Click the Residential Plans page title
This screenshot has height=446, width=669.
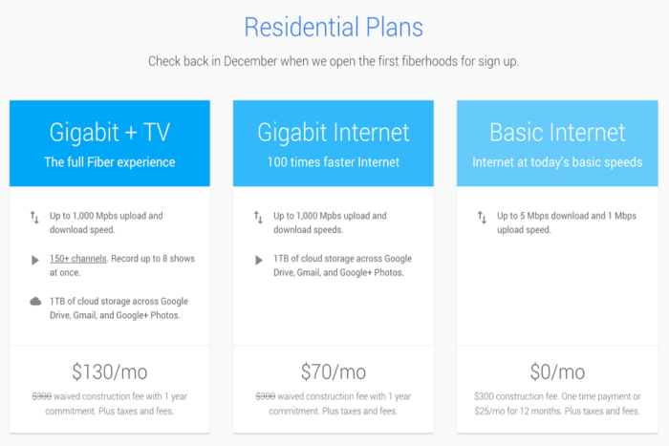pyautogui.click(x=334, y=28)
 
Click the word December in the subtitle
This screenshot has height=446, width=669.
pyautogui.click(x=250, y=61)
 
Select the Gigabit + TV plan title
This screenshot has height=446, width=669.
pyautogui.click(x=110, y=133)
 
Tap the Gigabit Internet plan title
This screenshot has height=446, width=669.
pyautogui.click(x=334, y=133)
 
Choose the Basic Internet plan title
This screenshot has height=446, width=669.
pyautogui.click(x=557, y=132)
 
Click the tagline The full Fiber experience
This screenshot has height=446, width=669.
pyautogui.click(x=110, y=162)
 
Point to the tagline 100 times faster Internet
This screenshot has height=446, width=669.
pyautogui.click(x=334, y=162)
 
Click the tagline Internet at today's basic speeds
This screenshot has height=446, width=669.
pyautogui.click(x=557, y=162)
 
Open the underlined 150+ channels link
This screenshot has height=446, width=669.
pyautogui.click(x=78, y=259)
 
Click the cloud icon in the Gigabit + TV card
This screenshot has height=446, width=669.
pyautogui.click(x=35, y=302)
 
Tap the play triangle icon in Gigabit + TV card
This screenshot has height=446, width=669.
pyautogui.click(x=35, y=260)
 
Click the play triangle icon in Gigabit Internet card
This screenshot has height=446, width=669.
pyautogui.click(x=259, y=260)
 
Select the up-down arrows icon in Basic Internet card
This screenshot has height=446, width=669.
pyautogui.click(x=482, y=218)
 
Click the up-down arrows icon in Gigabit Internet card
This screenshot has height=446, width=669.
pyautogui.click(x=258, y=218)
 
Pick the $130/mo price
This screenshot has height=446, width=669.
pyautogui.click(x=110, y=372)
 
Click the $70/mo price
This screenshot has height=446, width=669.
pyautogui.click(x=334, y=372)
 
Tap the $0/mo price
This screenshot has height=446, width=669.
pyautogui.click(x=557, y=372)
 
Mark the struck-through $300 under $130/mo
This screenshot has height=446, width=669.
pyautogui.click(x=42, y=396)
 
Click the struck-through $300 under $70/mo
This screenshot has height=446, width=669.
pyautogui.click(x=266, y=396)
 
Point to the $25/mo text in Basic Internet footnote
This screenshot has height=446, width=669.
pyautogui.click(x=489, y=412)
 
